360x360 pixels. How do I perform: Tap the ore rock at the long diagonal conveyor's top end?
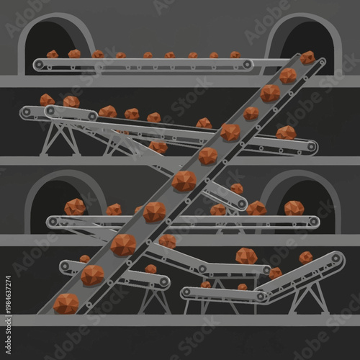[x=307, y=58]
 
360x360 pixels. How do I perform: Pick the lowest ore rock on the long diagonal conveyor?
[x=66, y=303]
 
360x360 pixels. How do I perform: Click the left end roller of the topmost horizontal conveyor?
[x=39, y=65]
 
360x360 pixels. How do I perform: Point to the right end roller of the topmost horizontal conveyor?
[x=247, y=65]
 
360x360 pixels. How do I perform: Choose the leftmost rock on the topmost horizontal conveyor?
[x=53, y=54]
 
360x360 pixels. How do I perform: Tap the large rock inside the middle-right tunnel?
[x=294, y=208]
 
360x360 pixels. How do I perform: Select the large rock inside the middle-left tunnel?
[x=75, y=207]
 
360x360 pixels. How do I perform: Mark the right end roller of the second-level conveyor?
[x=311, y=146]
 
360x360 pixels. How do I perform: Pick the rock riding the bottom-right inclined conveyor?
[x=305, y=257]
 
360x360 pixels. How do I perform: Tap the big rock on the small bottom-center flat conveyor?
[x=246, y=256]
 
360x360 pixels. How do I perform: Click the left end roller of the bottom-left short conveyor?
[x=66, y=266]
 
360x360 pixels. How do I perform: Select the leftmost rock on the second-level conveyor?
[x=47, y=100]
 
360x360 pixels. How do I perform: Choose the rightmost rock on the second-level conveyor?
[x=286, y=132]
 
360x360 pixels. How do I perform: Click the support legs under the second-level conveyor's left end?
[x=58, y=137]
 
